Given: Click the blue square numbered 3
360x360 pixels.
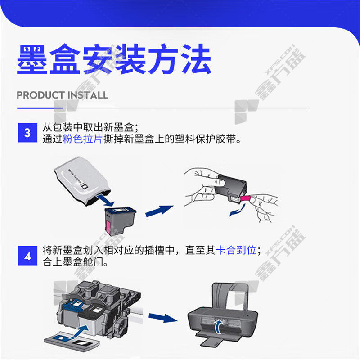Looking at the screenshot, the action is (27, 133).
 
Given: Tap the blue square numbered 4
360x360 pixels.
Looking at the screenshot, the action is (27, 256).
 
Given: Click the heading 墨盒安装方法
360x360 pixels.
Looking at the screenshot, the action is (114, 59).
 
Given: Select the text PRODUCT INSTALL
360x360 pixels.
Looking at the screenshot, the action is (63, 95).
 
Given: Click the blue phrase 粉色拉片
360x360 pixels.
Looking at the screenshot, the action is (82, 139).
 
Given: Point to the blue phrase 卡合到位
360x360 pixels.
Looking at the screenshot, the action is (236, 250).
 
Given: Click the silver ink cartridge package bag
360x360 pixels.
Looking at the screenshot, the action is (82, 181).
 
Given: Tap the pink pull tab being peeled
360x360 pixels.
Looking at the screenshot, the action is (246, 198).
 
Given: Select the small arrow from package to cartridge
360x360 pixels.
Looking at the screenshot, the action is (106, 200).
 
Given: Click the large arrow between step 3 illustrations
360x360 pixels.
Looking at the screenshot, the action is (159, 211).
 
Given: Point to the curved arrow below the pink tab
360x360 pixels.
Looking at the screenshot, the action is (238, 211).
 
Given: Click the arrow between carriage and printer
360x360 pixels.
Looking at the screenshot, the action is (163, 318).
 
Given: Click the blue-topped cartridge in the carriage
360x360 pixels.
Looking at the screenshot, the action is (72, 315).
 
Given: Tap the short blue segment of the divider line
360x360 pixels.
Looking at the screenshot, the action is (40, 108).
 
